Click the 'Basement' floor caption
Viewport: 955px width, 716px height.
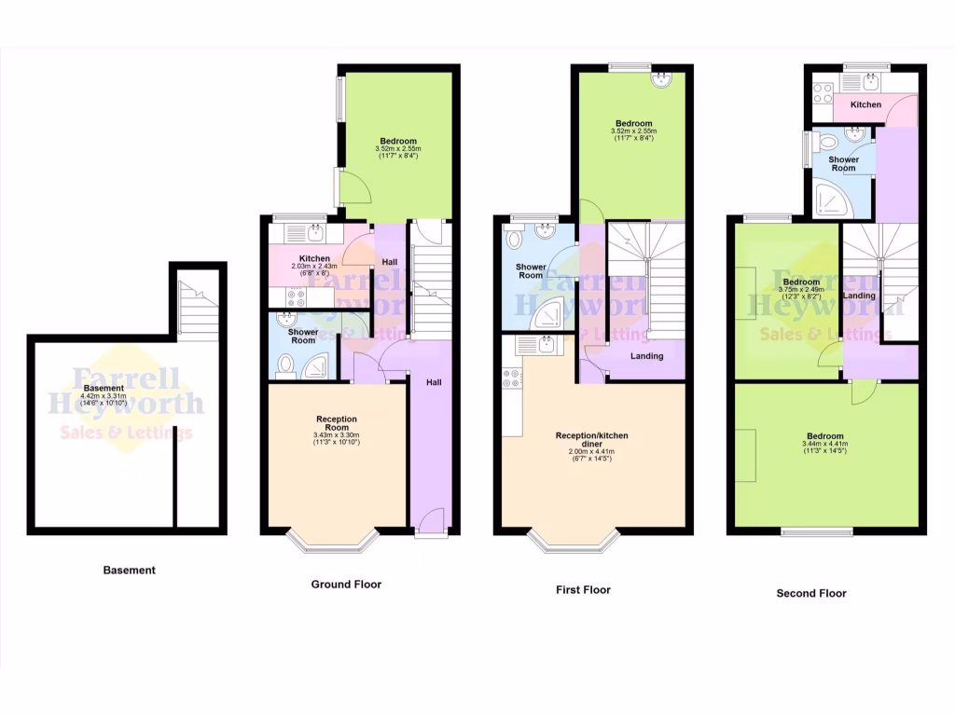pos(129,570)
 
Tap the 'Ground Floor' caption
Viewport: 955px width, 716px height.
pos(346,585)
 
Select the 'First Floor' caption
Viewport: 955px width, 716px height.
pos(582,589)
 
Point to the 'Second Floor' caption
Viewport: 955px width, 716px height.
pos(811,593)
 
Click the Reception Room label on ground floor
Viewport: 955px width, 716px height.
pos(337,424)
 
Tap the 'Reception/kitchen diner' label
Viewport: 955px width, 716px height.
pos(592,440)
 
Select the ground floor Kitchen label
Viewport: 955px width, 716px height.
pos(314,258)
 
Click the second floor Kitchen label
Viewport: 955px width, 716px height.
pos(865,104)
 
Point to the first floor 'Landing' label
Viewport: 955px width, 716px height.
pos(646,356)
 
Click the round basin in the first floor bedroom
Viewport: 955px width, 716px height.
pos(663,78)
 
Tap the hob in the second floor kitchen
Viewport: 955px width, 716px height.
pos(823,92)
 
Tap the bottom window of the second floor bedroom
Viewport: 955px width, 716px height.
pos(816,532)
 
